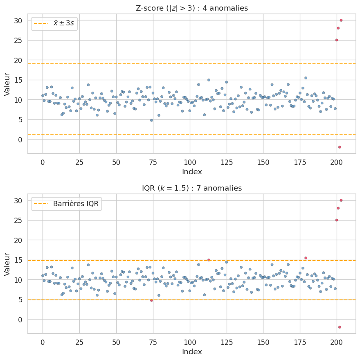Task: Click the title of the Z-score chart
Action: tap(191, 8)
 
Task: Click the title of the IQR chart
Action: tap(191, 188)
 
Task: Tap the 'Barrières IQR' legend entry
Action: tap(66, 204)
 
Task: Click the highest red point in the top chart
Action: tap(341, 20)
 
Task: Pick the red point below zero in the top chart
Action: tap(340, 147)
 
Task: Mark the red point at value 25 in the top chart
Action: tap(337, 40)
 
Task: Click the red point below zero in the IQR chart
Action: tap(340, 327)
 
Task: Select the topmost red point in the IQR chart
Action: tap(341, 200)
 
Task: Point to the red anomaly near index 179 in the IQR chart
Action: tap(306, 258)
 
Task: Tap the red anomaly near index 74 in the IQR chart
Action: tap(151, 300)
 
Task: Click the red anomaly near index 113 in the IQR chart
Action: tap(209, 260)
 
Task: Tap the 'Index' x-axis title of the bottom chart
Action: tap(191, 351)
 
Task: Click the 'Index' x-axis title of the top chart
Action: tap(191, 171)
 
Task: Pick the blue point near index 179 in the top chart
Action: tap(306, 78)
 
